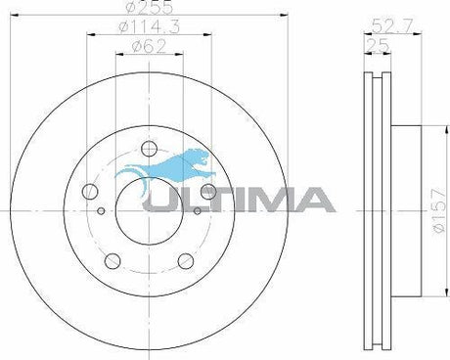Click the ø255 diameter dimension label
(x=149, y=7)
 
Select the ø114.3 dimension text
(x=149, y=26)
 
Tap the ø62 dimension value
(x=149, y=46)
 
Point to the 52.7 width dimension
(x=392, y=25)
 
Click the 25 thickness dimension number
(x=378, y=45)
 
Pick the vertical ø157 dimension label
(x=439, y=210)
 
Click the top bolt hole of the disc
(x=150, y=149)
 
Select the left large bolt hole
(x=90, y=192)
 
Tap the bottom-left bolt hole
(x=112, y=260)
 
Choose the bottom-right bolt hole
(x=186, y=260)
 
